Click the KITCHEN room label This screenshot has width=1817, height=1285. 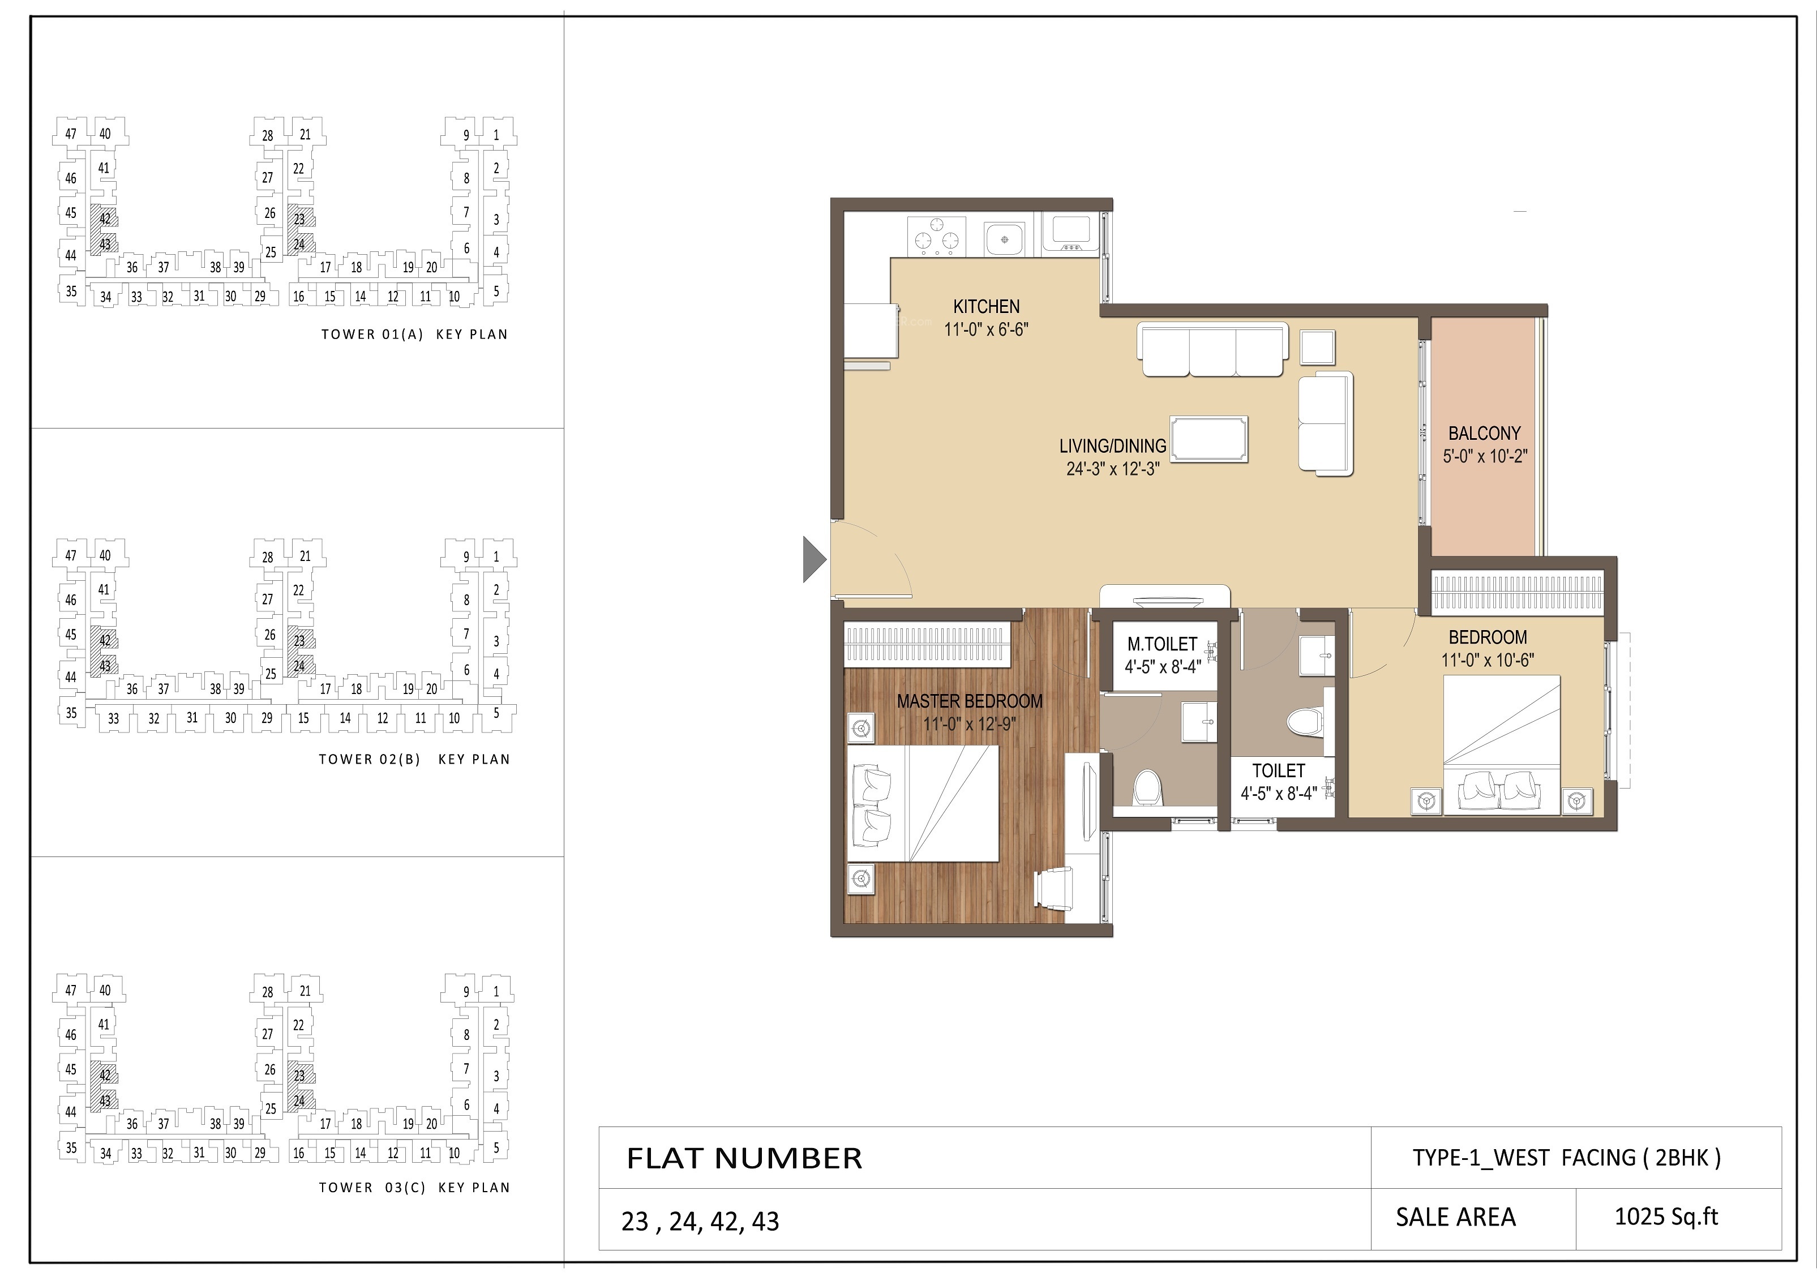(986, 306)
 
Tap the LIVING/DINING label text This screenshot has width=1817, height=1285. (1113, 446)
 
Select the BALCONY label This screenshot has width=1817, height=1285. (1485, 434)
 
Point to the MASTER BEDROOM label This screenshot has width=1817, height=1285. (970, 701)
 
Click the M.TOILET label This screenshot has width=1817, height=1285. (1162, 644)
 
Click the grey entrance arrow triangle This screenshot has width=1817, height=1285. (815, 559)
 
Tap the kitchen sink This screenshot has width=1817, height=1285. (1004, 237)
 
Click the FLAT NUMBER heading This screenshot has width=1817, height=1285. (744, 1158)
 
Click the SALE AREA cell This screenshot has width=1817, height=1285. (1455, 1217)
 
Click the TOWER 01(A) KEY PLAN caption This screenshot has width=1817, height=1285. (414, 335)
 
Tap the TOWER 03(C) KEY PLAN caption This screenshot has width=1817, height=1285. (414, 1188)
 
